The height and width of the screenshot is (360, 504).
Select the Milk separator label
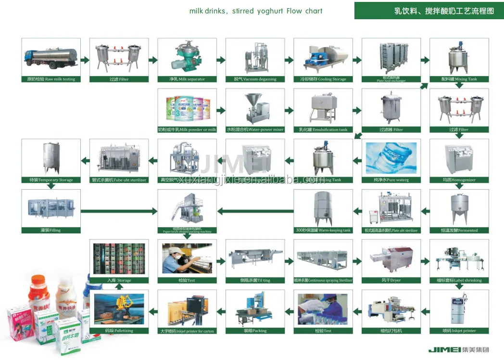[187, 79]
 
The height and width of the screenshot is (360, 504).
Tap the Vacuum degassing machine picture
[255, 58]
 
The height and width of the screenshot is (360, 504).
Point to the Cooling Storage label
[323, 79]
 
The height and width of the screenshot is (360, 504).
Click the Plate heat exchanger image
[391, 58]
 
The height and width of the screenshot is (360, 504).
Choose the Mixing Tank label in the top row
[459, 79]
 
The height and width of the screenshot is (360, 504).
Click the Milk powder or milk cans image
[187, 108]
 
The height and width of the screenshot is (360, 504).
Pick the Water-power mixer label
[255, 129]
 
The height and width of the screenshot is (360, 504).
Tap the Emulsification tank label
[323, 129]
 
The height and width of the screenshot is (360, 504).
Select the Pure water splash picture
[391, 158]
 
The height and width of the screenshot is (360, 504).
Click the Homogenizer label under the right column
[459, 180]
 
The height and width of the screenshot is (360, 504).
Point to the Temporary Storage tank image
[50, 158]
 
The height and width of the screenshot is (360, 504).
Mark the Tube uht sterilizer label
[119, 180]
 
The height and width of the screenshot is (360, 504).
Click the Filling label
[50, 230]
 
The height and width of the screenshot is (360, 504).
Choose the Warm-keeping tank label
[323, 230]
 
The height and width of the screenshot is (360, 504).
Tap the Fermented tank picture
[459, 208]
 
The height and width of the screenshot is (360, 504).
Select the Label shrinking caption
[459, 280]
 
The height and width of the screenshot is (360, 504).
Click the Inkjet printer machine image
[459, 309]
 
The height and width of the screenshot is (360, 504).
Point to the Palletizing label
[119, 331]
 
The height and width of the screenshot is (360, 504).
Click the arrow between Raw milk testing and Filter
[85, 60]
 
